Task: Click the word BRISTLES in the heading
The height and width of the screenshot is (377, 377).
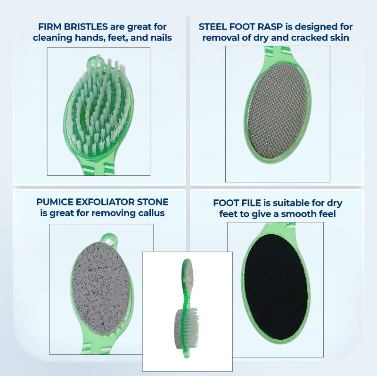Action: click(x=86, y=27)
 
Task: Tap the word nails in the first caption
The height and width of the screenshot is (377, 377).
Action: click(x=161, y=38)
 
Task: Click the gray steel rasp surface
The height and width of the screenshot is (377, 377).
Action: click(x=278, y=111)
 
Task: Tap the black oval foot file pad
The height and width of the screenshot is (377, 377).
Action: click(x=276, y=287)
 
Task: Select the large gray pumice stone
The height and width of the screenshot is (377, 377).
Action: click(x=101, y=288)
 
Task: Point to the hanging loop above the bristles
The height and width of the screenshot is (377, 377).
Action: click(x=93, y=61)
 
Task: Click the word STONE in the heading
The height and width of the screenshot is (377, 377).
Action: click(x=152, y=202)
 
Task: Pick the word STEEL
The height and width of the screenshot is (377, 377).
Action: click(x=213, y=27)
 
